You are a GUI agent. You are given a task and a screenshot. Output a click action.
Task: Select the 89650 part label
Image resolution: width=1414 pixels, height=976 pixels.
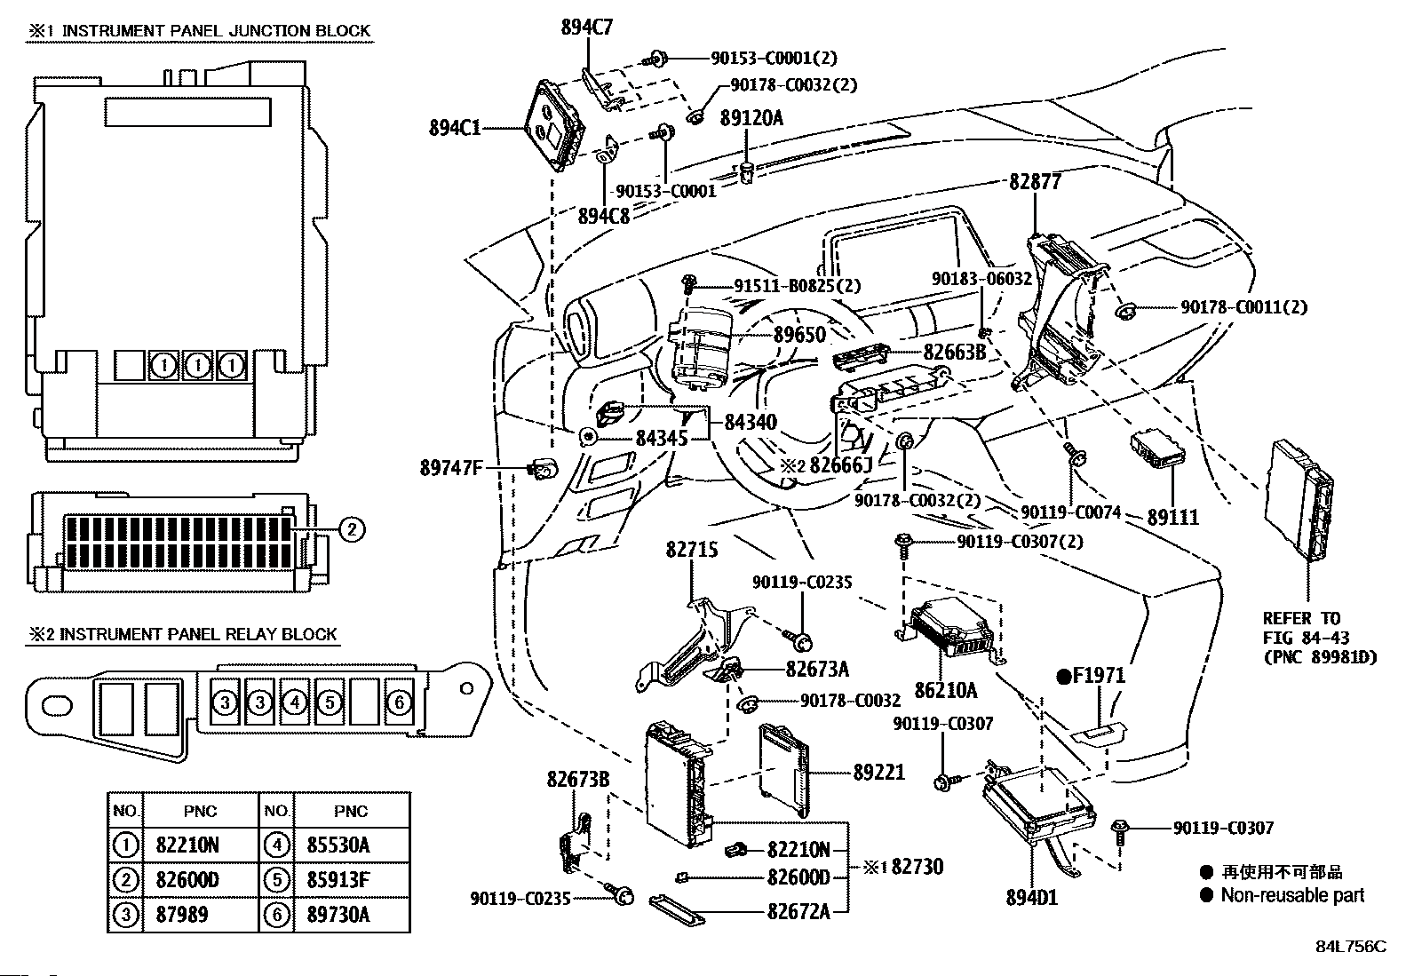click(799, 335)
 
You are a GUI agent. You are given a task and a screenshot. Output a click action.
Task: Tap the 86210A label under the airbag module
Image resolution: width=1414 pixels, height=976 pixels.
click(946, 688)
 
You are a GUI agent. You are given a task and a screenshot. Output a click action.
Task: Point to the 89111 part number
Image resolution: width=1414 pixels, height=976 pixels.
click(1172, 517)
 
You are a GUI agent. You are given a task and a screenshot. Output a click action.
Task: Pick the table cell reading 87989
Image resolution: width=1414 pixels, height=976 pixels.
click(181, 914)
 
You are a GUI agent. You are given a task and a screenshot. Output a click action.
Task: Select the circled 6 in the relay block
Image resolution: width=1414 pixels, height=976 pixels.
click(400, 702)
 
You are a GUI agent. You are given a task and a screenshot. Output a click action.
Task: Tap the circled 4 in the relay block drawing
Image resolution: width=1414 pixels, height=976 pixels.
click(294, 702)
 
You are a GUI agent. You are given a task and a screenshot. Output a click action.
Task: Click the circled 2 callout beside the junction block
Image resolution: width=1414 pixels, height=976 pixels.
click(351, 530)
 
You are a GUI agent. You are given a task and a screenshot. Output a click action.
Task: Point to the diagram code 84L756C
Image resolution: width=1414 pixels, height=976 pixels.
click(1350, 947)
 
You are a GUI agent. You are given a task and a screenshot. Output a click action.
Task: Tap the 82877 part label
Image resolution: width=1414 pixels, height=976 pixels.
click(1035, 182)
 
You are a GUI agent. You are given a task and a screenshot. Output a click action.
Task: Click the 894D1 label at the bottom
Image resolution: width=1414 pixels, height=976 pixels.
click(1032, 897)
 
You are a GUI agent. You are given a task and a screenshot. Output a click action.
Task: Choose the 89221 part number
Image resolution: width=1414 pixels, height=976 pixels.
click(878, 773)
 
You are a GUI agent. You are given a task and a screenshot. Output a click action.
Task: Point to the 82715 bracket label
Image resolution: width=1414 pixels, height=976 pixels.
click(692, 550)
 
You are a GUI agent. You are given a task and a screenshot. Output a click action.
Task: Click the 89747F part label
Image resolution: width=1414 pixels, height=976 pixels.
click(450, 466)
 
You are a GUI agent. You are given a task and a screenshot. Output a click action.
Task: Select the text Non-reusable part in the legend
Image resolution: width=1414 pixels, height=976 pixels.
click(1292, 895)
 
